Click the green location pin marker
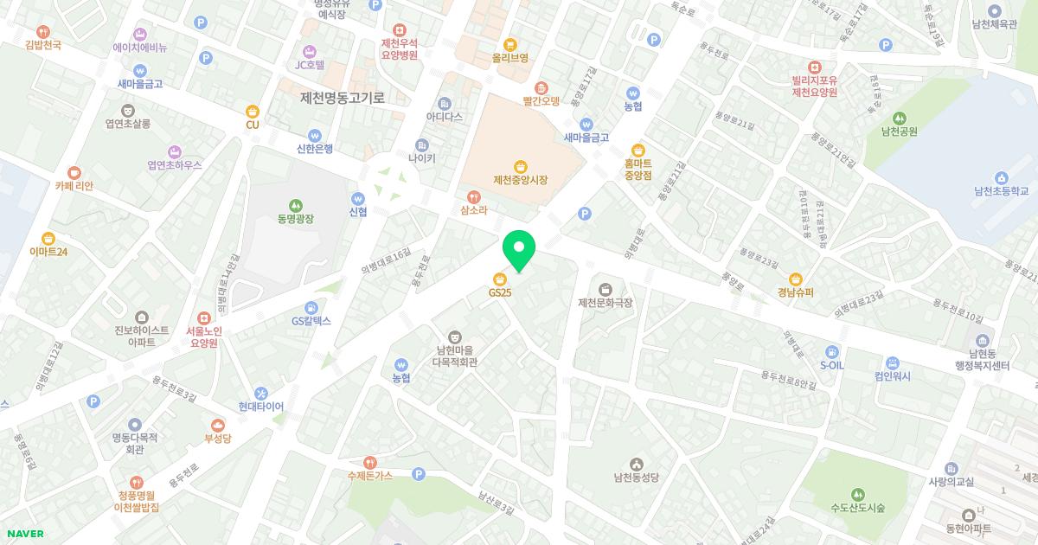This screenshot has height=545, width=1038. [519, 249]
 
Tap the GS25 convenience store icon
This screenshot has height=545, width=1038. [500, 279]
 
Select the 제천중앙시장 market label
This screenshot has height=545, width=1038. [521, 180]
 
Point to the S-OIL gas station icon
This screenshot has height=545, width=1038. [831, 351]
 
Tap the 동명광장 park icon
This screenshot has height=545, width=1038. [296, 205]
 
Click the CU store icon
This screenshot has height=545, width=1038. [253, 111]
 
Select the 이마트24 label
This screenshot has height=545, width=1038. [48, 252]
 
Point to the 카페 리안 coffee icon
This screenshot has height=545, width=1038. [74, 172]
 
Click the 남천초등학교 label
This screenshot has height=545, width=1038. [1001, 191]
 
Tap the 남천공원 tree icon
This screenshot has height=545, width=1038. [899, 118]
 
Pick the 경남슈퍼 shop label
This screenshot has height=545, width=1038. [795, 292]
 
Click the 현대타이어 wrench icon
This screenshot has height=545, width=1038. [261, 393]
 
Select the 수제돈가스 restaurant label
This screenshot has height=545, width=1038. [369, 475]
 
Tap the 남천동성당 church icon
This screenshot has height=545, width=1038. [637, 464]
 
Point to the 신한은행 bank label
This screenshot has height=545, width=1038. [315, 148]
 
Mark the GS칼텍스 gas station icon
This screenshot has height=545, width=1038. [311, 307]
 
